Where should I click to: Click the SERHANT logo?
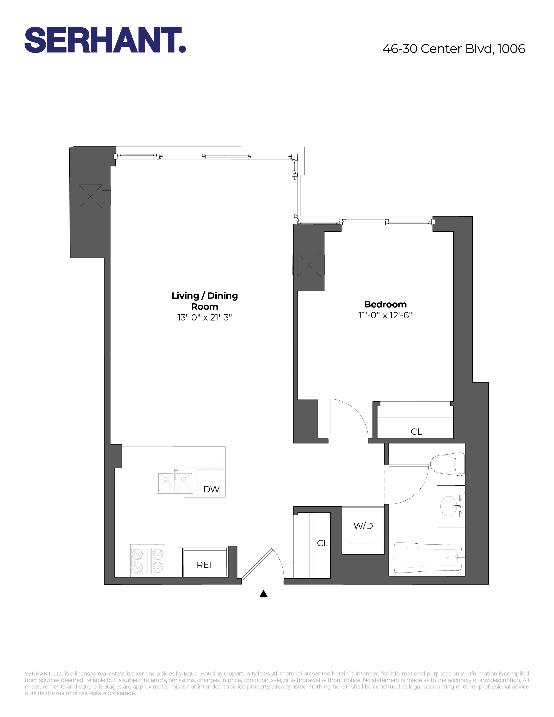(x=105, y=40)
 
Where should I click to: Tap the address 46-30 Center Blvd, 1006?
(x=454, y=49)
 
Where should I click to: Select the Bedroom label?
(x=385, y=304)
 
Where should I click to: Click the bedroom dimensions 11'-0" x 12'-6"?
(x=385, y=315)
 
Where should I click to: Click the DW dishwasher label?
(x=211, y=489)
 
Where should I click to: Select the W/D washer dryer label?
(x=363, y=526)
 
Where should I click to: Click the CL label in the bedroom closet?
(x=416, y=432)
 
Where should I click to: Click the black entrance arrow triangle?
(x=264, y=594)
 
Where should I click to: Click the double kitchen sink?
(x=175, y=483)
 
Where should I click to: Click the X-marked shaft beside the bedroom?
(x=309, y=265)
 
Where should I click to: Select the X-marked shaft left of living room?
(x=90, y=196)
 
